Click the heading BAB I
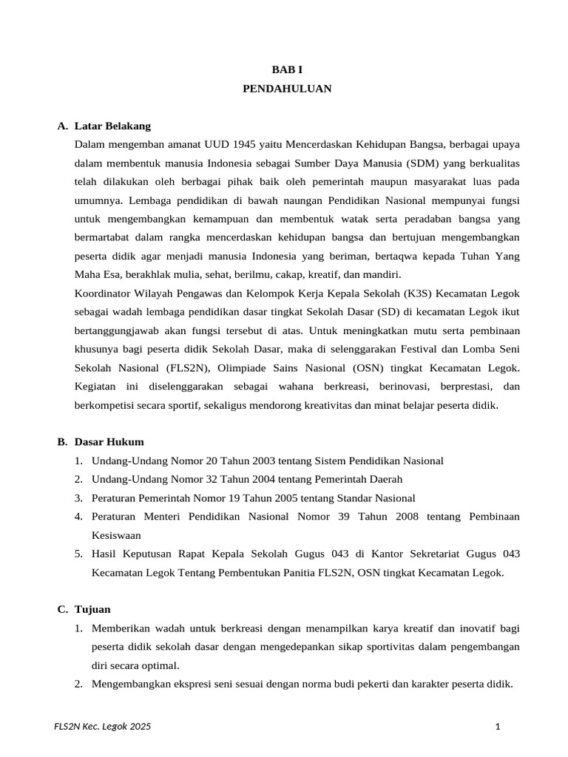coord(287,69)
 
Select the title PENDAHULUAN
coord(287,89)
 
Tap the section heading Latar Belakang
coord(112,126)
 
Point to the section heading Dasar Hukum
coord(109,442)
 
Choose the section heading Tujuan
coord(92,609)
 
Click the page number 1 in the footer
coord(498,727)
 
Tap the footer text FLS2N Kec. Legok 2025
coord(103,727)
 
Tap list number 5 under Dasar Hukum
coord(78,554)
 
